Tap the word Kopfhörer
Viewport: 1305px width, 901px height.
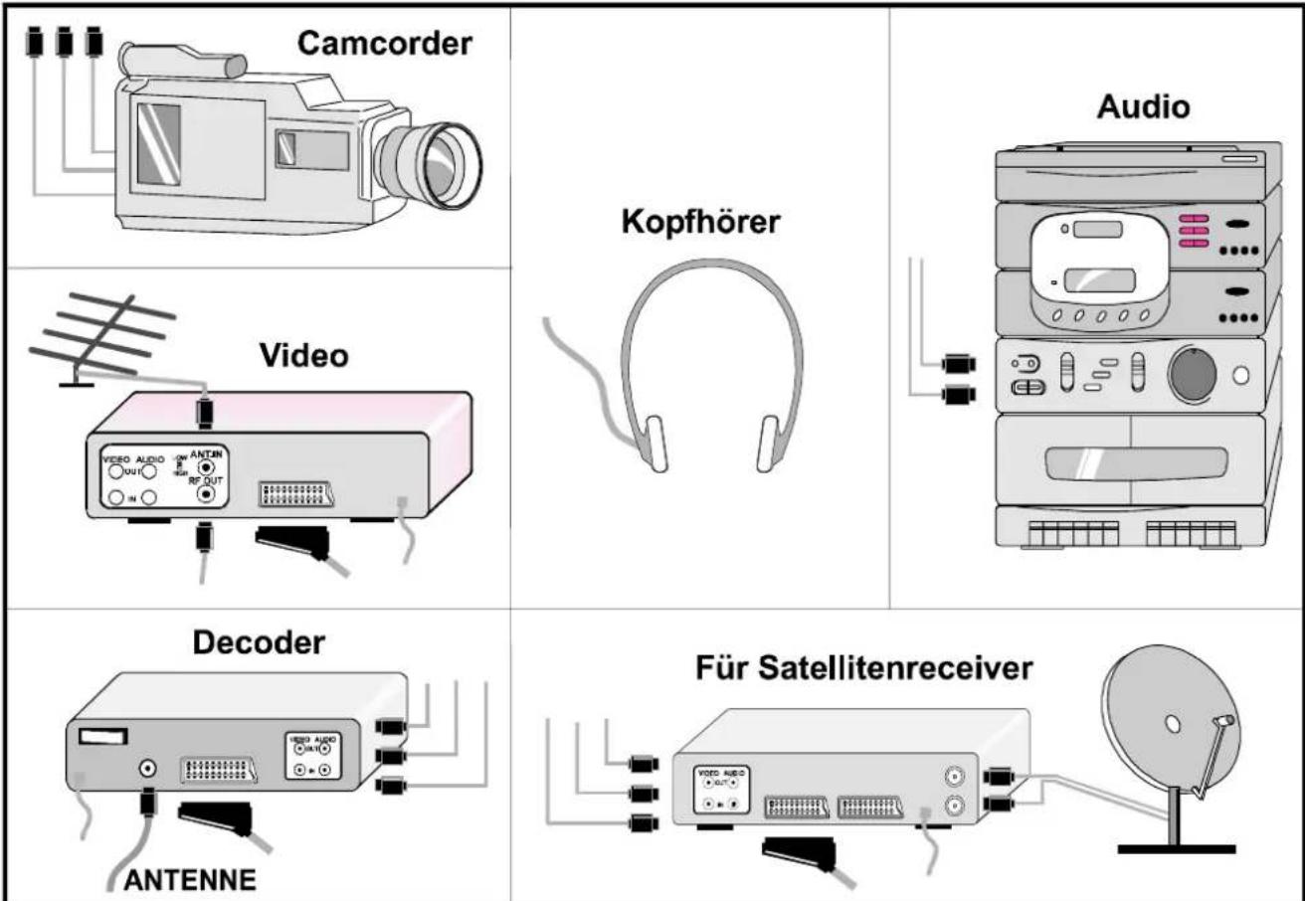click(x=703, y=223)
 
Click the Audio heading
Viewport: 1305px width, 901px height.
click(x=1142, y=106)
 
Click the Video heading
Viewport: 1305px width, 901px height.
click(x=303, y=355)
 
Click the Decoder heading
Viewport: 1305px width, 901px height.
click(x=258, y=643)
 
